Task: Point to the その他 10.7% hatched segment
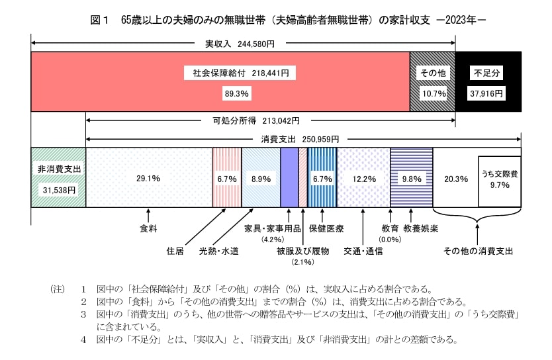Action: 433,83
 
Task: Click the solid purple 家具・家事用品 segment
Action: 289,177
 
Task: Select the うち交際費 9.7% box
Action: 499,181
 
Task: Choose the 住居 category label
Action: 175,251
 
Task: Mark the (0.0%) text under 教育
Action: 390,240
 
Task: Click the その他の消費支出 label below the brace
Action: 478,251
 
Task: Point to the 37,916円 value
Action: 487,93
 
